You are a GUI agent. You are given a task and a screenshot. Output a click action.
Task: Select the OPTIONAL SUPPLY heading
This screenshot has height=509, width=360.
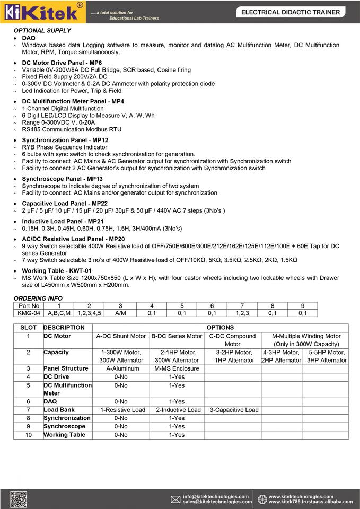coord(42,31)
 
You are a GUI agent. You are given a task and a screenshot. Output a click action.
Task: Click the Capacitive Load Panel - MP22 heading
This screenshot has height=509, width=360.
coord(65,203)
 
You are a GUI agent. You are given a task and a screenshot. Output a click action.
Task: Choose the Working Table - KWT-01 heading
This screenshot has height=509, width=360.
coord(60,270)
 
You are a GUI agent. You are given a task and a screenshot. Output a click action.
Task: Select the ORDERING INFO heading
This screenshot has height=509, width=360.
coord(38,299)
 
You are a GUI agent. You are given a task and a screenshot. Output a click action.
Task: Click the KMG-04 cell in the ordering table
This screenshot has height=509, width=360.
coord(29,313)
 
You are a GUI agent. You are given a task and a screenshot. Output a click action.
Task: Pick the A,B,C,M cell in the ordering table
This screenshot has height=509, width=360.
coord(59,313)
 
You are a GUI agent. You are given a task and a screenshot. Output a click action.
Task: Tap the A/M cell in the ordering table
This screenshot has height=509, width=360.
coord(120,313)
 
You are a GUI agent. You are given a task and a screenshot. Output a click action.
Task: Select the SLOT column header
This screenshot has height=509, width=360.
coord(28,328)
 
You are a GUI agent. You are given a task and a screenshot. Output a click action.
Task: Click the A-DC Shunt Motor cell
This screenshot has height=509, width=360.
coord(121,336)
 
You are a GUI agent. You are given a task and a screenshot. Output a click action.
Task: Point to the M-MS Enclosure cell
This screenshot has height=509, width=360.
coord(177,368)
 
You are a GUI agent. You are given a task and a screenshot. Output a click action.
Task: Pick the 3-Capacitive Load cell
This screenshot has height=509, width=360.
coord(233,410)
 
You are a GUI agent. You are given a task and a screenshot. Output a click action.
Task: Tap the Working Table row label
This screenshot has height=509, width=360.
coord(64,435)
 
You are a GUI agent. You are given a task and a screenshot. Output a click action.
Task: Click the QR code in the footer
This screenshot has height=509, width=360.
coord(19,499)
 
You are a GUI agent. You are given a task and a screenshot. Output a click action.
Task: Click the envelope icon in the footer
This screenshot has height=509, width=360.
coord(175,499)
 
